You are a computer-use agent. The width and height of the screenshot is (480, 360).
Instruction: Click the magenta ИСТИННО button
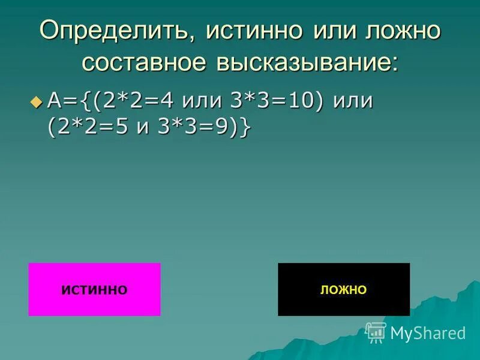tap(94, 289)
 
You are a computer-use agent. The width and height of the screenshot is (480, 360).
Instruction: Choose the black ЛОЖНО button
tap(343, 289)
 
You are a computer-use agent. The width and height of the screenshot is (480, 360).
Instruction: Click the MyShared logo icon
tap(376, 332)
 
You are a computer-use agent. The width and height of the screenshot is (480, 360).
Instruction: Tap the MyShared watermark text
tap(428, 333)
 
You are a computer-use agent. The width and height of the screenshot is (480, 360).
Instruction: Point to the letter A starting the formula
tap(55, 101)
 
